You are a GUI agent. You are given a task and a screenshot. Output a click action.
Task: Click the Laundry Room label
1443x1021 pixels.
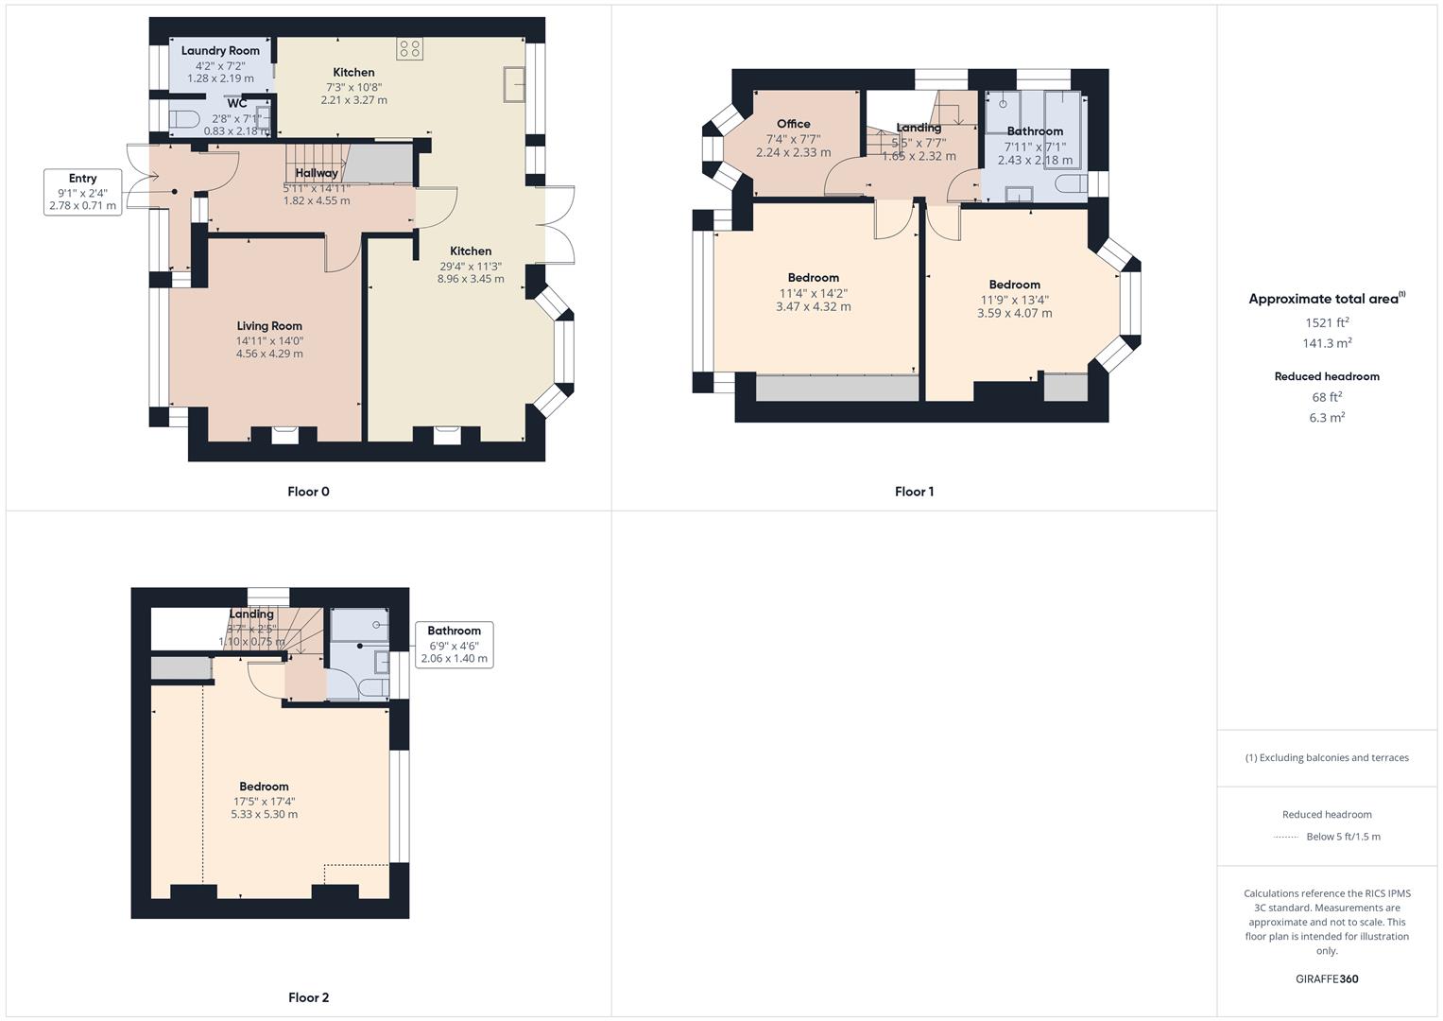pyautogui.click(x=220, y=51)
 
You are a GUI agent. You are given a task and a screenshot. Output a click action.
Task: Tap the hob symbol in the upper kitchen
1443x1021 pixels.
pyautogui.click(x=410, y=49)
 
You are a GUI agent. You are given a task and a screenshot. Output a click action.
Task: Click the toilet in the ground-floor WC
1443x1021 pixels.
pyautogui.click(x=184, y=119)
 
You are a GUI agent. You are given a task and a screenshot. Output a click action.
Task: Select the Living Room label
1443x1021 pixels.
pyautogui.click(x=269, y=326)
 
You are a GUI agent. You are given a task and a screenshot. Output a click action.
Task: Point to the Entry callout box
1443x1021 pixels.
pyautogui.click(x=83, y=192)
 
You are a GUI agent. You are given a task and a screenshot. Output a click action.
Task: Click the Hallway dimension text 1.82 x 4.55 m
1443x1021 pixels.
pyautogui.click(x=317, y=201)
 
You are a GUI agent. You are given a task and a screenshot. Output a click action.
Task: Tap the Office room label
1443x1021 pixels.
pyautogui.click(x=793, y=124)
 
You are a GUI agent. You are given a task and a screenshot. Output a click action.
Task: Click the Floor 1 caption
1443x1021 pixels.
pyautogui.click(x=914, y=492)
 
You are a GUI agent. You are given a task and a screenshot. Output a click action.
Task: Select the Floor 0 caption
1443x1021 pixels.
pyautogui.click(x=308, y=492)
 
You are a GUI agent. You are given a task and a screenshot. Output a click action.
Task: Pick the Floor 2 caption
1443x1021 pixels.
pyautogui.click(x=308, y=997)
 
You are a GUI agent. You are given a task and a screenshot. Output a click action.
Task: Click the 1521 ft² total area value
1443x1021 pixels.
pyautogui.click(x=1327, y=322)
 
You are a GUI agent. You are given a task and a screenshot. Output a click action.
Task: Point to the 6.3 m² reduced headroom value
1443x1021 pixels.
pyautogui.click(x=1327, y=418)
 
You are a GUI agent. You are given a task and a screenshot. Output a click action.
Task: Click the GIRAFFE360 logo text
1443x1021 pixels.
pyautogui.click(x=1327, y=979)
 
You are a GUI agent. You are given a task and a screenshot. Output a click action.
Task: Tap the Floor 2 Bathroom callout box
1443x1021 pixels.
pyautogui.click(x=455, y=645)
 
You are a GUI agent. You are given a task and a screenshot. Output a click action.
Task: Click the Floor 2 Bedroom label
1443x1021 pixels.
pyautogui.click(x=264, y=787)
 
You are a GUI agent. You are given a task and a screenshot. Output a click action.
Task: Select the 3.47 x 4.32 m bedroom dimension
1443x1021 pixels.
pyautogui.click(x=813, y=307)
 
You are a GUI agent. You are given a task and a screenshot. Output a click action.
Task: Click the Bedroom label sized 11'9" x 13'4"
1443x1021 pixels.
pyautogui.click(x=1014, y=285)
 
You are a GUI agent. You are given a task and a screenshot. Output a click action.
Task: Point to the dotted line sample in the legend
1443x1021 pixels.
pyautogui.click(x=1286, y=838)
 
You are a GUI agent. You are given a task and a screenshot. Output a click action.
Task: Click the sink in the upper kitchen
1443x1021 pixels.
pyautogui.click(x=515, y=82)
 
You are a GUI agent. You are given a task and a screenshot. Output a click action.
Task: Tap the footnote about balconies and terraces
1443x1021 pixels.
pyautogui.click(x=1327, y=758)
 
